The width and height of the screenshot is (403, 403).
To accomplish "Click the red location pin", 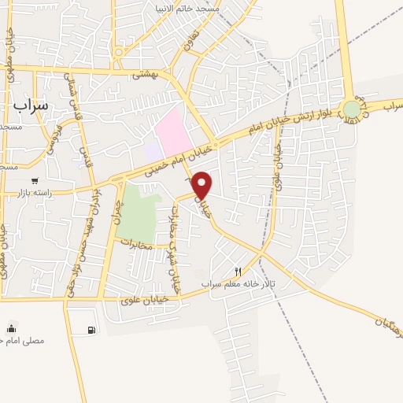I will (202, 185).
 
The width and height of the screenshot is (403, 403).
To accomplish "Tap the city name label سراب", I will (31, 104).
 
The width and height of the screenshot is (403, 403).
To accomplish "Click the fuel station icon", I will (92, 330).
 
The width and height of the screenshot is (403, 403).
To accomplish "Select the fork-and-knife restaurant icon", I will (238, 271).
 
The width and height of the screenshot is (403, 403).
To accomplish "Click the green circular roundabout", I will (352, 109).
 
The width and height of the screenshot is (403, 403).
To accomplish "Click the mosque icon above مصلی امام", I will (11, 328).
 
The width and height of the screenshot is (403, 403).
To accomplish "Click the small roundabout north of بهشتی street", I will (118, 53).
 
